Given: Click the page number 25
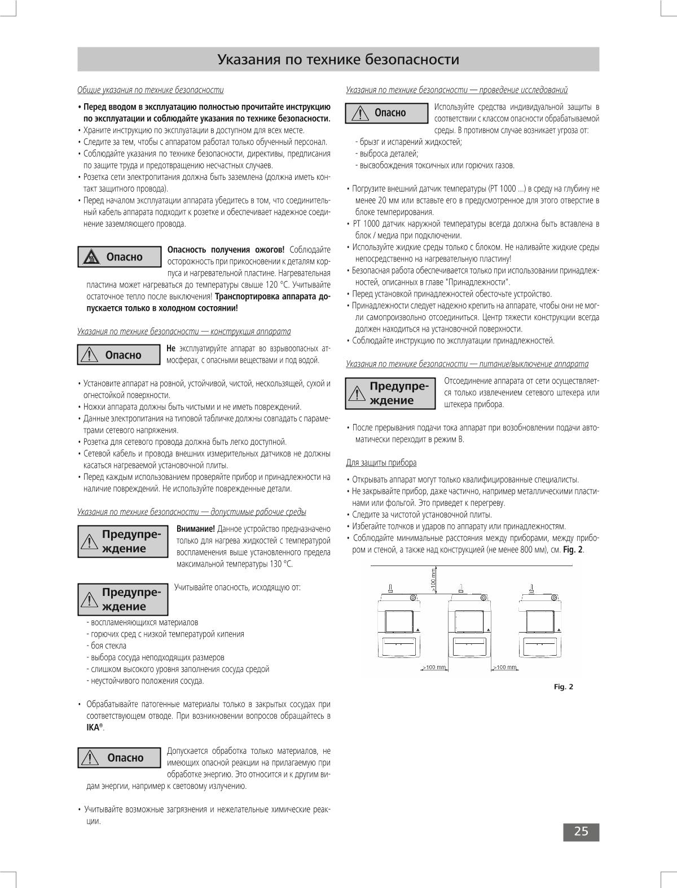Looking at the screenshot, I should [581, 832].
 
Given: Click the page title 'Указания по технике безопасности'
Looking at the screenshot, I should [338, 60].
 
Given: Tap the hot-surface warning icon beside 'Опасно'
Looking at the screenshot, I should [91, 258].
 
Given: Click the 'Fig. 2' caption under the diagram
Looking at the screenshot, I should [563, 687].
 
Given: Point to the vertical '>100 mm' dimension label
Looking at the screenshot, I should [433, 580].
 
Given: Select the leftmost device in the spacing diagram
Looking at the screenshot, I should [399, 626].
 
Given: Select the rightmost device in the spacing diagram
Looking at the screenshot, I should [540, 626].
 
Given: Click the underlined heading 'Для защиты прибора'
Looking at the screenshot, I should [381, 463].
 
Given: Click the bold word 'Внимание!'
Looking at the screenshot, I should [195, 529].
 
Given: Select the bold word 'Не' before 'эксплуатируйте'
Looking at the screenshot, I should [172, 348].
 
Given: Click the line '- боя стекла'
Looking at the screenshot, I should [107, 646].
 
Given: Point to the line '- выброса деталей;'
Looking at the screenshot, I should [387, 153].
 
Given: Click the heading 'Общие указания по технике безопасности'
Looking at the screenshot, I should [151, 90].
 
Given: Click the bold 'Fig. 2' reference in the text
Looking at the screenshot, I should [573, 550].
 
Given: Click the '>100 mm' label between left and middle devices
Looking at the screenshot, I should [434, 668].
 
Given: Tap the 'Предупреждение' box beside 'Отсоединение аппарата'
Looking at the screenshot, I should [390, 394].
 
